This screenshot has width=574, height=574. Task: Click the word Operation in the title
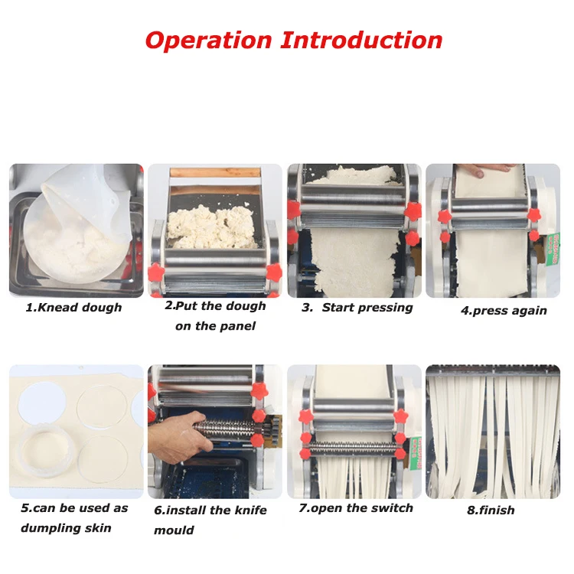click(208, 40)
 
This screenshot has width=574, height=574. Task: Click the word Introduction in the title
click(361, 40)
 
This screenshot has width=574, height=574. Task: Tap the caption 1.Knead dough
click(73, 308)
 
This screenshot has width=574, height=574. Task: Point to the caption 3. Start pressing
click(357, 308)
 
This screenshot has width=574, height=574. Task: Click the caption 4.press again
click(504, 311)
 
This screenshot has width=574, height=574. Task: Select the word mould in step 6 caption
click(174, 530)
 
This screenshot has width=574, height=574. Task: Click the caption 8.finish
click(491, 510)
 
